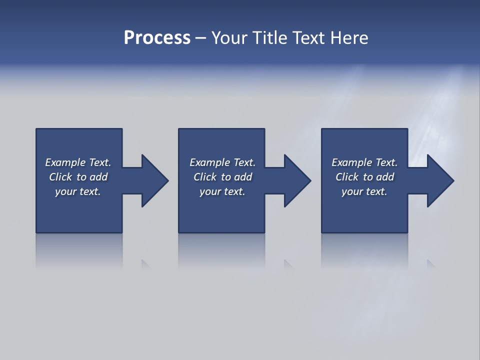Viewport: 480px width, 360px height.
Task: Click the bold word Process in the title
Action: (157, 38)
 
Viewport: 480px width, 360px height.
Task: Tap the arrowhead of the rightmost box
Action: (439, 180)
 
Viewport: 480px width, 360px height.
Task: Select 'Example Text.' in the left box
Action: (78, 162)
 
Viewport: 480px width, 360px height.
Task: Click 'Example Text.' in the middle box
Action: (222, 162)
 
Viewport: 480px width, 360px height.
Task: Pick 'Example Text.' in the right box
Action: (364, 162)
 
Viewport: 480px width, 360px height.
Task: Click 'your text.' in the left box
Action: (78, 191)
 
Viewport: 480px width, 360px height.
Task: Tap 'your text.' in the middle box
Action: (222, 191)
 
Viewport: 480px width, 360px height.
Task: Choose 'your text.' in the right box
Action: (364, 191)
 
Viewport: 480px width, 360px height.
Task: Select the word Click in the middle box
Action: (205, 177)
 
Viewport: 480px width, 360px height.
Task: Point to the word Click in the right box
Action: (347, 177)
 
